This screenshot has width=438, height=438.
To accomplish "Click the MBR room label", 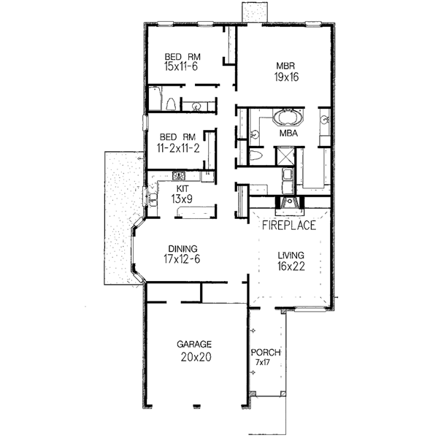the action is tap(285, 66).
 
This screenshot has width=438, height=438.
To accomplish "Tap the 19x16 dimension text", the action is tap(286, 77).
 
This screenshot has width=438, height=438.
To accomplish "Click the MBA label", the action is tap(288, 134).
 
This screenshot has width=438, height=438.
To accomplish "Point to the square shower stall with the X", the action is tap(285, 156).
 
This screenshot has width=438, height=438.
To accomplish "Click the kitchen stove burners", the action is tap(179, 176).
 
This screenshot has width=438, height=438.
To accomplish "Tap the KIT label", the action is tap(182, 188).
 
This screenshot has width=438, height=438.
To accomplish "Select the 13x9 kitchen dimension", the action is tap(182, 199).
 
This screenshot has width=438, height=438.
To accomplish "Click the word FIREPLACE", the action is tap(289, 225).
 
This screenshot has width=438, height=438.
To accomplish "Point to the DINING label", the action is tap(182, 249).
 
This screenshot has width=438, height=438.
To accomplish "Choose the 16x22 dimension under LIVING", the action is tap(291, 266).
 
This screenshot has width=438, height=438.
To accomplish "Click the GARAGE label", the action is tap(194, 344).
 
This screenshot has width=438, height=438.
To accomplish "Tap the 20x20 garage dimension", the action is tap(196, 357).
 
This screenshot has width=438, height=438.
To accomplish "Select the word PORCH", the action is tap(266, 353).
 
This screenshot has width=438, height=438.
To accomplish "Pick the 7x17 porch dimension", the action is tap(263, 362).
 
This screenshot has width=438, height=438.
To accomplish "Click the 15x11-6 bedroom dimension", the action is tap(181, 66).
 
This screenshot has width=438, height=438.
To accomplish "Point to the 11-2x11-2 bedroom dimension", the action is tap(178, 148).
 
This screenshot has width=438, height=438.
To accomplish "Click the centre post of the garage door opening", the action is tap(197, 406).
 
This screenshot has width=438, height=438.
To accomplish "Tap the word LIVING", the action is tap(291, 255).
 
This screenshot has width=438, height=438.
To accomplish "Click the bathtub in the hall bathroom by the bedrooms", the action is tap(155, 99).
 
